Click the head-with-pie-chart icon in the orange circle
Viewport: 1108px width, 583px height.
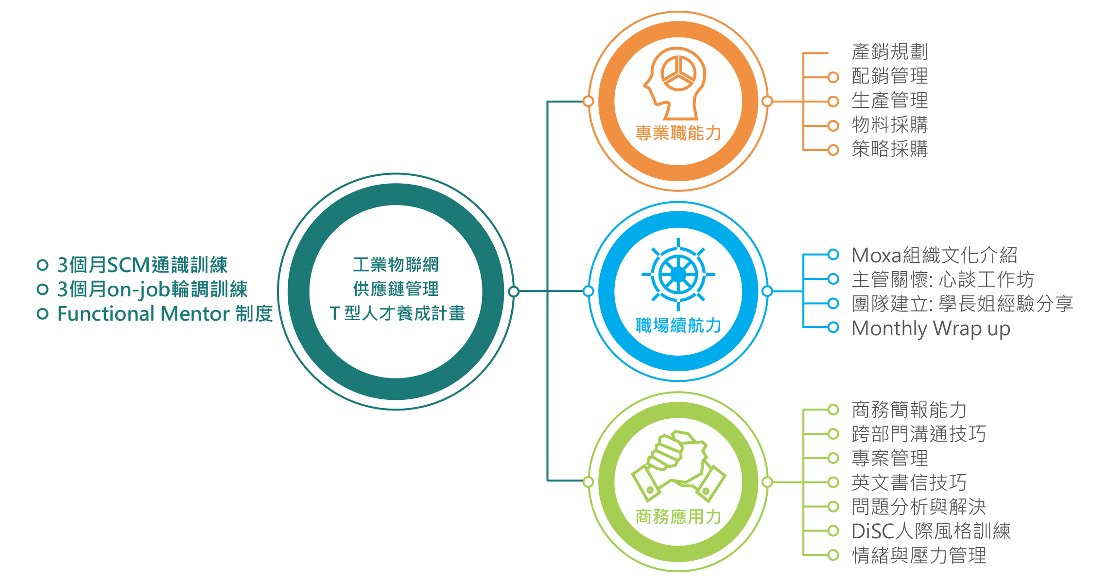[675, 83]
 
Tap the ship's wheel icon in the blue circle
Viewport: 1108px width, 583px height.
[678, 274]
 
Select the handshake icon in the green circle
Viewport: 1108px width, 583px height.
[678, 466]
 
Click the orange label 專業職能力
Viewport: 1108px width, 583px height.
[678, 133]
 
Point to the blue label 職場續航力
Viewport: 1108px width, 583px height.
[678, 326]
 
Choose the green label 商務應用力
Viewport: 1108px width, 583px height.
[678, 517]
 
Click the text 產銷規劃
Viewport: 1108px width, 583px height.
[890, 52]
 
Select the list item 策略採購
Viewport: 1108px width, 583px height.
[890, 149]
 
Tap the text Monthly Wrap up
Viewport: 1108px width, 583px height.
[931, 329]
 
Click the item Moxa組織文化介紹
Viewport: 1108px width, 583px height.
[935, 256]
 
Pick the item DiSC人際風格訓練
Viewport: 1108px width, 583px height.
[931, 532]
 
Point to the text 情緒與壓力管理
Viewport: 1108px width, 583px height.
[919, 556]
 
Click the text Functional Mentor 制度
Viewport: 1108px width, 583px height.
[165, 314]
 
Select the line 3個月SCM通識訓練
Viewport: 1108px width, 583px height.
[142, 265]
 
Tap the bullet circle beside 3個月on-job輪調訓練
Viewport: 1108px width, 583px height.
[43, 290]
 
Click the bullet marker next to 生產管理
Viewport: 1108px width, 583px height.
[833, 102]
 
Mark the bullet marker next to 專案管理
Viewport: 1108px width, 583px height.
[833, 458]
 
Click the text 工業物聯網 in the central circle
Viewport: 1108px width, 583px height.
[396, 265]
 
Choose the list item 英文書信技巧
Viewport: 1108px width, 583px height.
[909, 483]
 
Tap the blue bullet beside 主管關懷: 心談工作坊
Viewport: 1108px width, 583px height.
[833, 279]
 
